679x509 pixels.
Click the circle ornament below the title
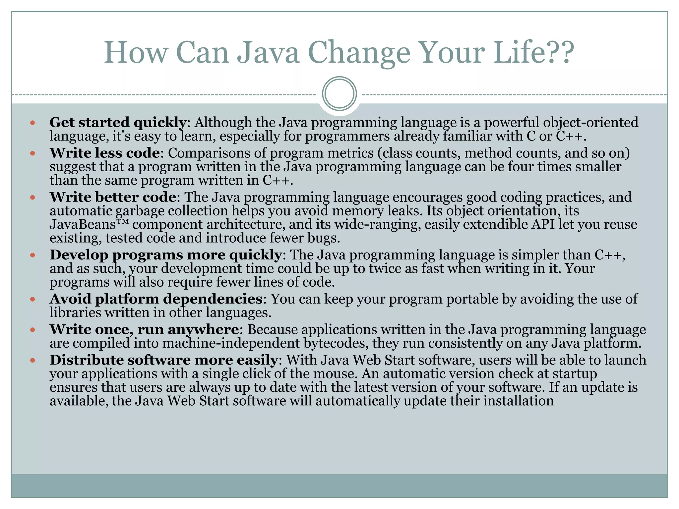[339, 93]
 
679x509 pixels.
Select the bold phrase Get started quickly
[118, 123]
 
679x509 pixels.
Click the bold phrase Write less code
[104, 153]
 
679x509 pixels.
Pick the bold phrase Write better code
[113, 197]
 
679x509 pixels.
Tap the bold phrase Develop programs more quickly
[165, 255]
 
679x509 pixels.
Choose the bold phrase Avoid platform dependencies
[156, 299]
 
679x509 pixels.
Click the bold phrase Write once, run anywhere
[144, 329]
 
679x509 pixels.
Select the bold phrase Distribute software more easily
[163, 360]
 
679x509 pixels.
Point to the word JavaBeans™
[89, 224]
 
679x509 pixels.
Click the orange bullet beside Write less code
[32, 153]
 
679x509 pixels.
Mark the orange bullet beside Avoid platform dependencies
[32, 299]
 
